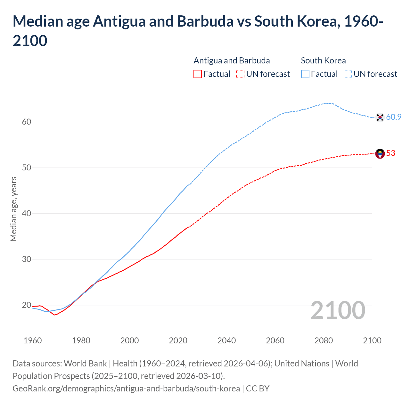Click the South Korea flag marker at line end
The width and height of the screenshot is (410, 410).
click(x=380, y=117)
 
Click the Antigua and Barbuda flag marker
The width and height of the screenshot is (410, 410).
click(x=380, y=154)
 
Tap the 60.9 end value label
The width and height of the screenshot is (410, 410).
click(x=394, y=117)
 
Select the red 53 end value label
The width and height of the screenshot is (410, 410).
click(x=391, y=153)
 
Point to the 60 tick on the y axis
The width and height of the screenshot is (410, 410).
click(x=27, y=122)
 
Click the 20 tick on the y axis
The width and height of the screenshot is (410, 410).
click(x=27, y=305)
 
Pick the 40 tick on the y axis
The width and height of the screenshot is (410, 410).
click(x=27, y=213)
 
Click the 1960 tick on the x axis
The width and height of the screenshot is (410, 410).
click(x=33, y=340)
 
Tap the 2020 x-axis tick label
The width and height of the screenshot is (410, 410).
click(x=178, y=340)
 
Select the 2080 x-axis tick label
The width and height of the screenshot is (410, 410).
click(x=324, y=340)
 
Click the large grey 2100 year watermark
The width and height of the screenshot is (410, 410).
click(x=338, y=310)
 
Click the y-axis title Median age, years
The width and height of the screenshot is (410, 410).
click(x=13, y=209)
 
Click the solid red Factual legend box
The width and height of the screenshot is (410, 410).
click(x=198, y=74)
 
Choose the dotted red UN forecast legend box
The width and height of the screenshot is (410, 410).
click(x=240, y=74)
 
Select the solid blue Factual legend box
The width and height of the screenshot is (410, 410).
click(x=305, y=74)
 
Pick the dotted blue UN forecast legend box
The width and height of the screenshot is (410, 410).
click(x=348, y=74)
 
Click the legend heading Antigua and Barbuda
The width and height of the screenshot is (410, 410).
click(x=232, y=61)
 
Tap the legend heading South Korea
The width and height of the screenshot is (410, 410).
click(x=323, y=61)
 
